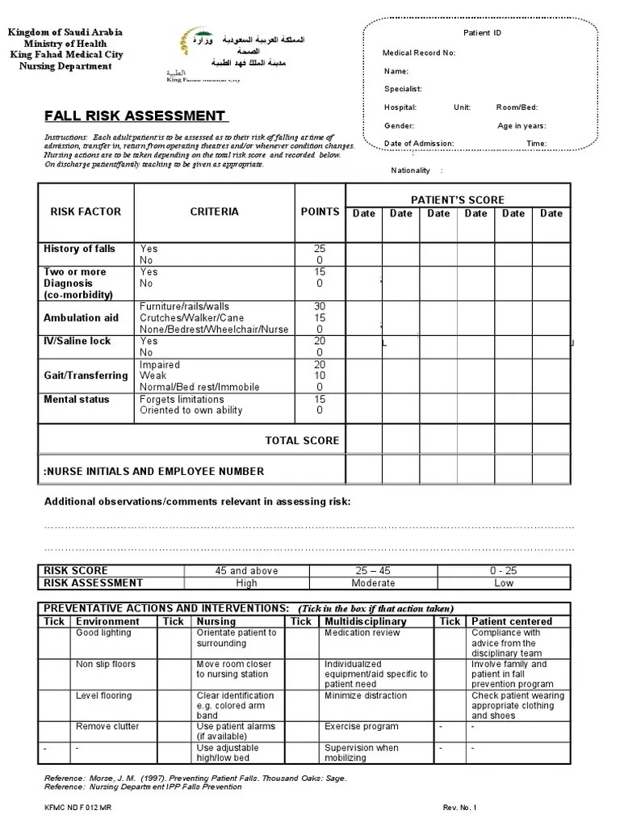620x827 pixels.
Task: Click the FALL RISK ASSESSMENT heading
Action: (135, 116)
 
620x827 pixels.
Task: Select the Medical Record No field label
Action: (419, 53)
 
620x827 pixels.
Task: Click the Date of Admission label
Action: (419, 144)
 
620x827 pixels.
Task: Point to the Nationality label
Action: (412, 170)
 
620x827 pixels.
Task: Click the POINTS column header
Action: (320, 212)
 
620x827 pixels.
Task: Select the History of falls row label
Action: (79, 249)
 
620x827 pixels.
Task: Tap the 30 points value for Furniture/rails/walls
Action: (320, 307)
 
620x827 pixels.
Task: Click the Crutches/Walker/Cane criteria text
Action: (191, 318)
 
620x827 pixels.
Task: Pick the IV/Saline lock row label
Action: (77, 342)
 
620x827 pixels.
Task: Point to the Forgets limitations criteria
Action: (182, 400)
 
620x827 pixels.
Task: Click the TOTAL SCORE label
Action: (302, 441)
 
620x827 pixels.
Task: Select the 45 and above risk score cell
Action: (246, 571)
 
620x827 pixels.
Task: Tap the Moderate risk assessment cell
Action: (373, 583)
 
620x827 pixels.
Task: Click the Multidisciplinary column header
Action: (365, 622)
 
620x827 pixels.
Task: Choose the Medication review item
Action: (362, 633)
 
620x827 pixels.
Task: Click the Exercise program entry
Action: (361, 727)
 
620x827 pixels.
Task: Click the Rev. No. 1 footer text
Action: (459, 807)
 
